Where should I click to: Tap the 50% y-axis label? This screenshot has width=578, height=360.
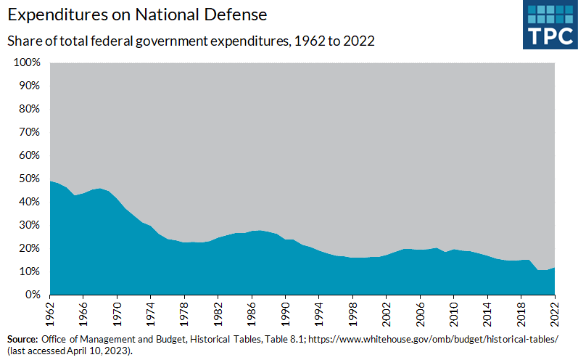click(27, 179)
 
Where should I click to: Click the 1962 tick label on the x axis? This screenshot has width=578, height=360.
click(51, 313)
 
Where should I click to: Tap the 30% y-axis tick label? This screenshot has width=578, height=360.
click(27, 225)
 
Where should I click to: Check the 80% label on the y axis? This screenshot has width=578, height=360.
click(27, 109)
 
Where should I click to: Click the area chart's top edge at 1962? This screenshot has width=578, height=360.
click(51, 181)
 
